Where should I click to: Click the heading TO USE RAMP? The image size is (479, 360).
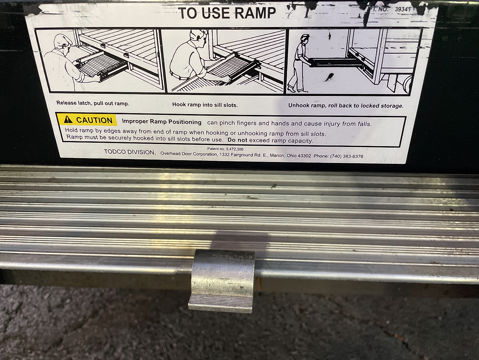(x=227, y=13)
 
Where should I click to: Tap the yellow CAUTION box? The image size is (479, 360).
(x=87, y=120)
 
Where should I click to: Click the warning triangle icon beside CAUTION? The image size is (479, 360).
(x=68, y=119)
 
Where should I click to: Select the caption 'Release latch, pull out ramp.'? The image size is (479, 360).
(x=93, y=103)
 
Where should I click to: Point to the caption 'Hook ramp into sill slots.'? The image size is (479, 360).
(x=205, y=105)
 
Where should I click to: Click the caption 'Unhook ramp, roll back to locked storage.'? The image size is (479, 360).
(x=346, y=106)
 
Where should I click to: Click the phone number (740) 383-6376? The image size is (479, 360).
(x=347, y=156)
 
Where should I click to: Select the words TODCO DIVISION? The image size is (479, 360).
(x=130, y=152)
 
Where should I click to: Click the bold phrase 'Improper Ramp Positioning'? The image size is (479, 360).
(x=162, y=122)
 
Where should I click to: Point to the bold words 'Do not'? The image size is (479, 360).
(x=237, y=140)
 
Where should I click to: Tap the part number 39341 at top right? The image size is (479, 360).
(x=403, y=9)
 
